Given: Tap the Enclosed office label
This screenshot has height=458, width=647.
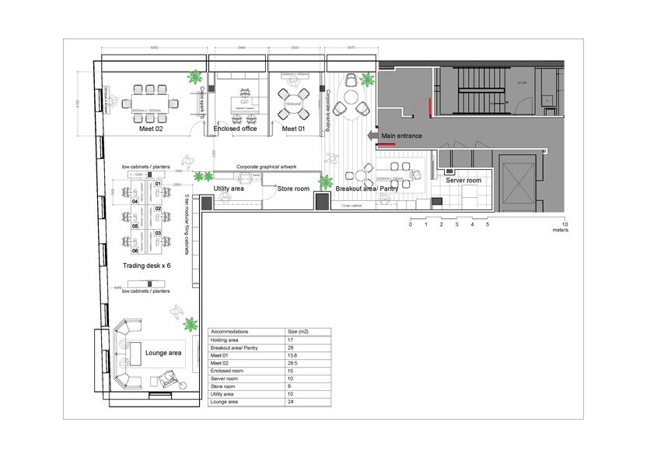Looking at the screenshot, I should click(236, 129).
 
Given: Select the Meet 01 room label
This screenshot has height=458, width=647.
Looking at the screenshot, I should click(293, 129).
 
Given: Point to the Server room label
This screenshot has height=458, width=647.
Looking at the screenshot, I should click(463, 180).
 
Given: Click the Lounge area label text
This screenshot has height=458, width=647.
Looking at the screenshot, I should click(163, 353).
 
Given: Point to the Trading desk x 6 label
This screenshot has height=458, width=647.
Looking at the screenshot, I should click(146, 266).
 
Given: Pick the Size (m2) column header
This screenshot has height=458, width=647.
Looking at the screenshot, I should click(299, 331).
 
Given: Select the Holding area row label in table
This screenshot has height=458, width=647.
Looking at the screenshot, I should click(226, 339).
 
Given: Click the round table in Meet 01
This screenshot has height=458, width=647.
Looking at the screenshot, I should click(293, 100).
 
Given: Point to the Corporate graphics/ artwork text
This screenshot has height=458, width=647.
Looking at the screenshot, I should click(267, 167).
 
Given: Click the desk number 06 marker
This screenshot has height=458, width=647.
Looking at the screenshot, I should click(135, 251).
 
